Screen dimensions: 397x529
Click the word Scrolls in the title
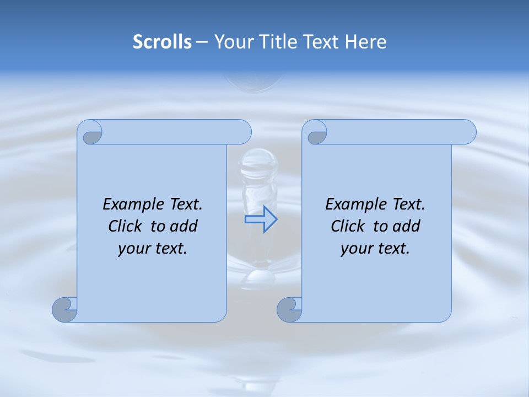click(x=162, y=42)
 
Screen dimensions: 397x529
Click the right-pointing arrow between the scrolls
click(x=261, y=219)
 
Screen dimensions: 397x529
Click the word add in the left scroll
click(x=184, y=226)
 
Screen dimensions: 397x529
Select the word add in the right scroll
click(x=407, y=226)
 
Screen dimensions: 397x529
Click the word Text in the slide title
click(x=321, y=42)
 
